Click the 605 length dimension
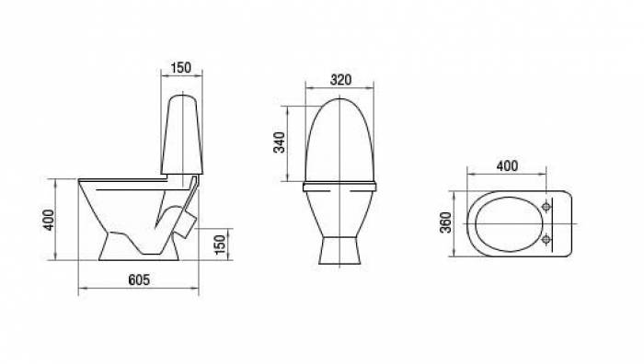(x=139, y=279)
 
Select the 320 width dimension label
(x=340, y=80)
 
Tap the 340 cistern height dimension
(x=280, y=142)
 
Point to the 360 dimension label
(x=445, y=222)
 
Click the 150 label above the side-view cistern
(x=181, y=68)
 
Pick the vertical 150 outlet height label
(x=220, y=245)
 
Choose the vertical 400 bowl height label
(x=49, y=220)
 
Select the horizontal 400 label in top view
(x=507, y=166)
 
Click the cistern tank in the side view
(x=181, y=134)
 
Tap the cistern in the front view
(x=340, y=140)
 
